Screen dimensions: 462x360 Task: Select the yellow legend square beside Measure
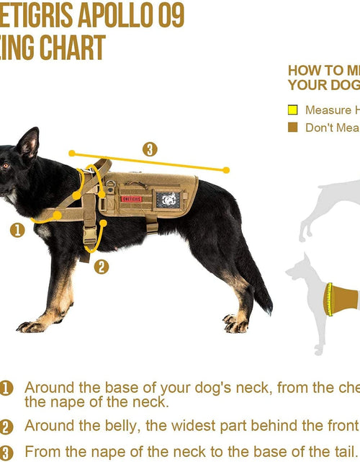[x=292, y=110]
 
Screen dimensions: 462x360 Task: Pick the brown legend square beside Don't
[x=292, y=128]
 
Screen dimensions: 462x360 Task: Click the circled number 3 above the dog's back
[x=150, y=149]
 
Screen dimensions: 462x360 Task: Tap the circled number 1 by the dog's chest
[x=17, y=230]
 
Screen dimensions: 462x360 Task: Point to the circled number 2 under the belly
[x=102, y=266]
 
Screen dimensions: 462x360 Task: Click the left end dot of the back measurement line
[x=72, y=153]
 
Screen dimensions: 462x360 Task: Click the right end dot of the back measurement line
[x=226, y=171]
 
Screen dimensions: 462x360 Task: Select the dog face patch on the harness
[x=169, y=199]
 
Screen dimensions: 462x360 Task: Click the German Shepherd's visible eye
[x=5, y=166]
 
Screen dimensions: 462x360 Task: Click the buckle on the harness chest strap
[x=90, y=235]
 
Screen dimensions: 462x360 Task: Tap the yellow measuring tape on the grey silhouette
[x=329, y=299]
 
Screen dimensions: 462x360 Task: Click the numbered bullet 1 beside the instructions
[x=6, y=388]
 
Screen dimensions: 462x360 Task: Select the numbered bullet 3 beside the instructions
[x=6, y=452]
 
